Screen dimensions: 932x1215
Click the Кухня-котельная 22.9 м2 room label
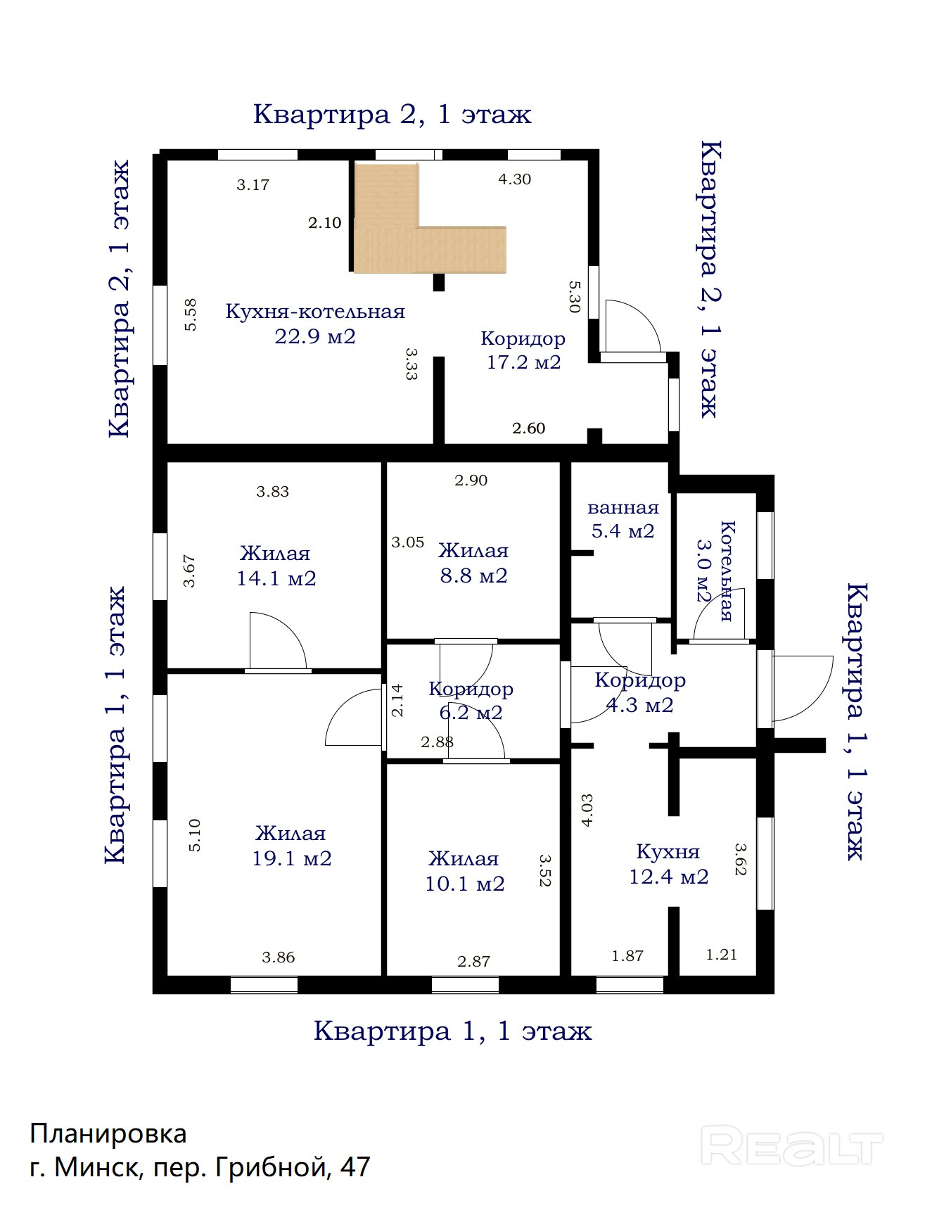click(315, 324)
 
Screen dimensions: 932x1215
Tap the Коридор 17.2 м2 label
click(523, 350)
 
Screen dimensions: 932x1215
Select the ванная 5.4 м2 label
click(623, 519)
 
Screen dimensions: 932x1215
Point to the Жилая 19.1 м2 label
click(291, 846)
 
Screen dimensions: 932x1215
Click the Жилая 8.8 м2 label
click(473, 563)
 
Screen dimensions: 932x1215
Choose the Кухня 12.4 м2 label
click(668, 864)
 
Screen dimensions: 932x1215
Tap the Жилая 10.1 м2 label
click(464, 871)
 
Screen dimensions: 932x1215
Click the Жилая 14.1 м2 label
click(276, 566)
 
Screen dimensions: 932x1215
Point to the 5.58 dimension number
click(190, 314)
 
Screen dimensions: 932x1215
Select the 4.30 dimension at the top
click(514, 179)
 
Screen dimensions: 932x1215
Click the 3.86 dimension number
click(279, 957)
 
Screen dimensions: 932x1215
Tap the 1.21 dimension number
click(722, 955)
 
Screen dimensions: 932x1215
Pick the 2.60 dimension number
click(528, 428)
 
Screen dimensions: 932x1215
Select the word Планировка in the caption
click(108, 1133)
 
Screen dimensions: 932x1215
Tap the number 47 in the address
click(355, 1167)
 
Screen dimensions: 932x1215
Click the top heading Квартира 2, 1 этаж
click(392, 114)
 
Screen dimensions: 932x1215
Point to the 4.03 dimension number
click(587, 810)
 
